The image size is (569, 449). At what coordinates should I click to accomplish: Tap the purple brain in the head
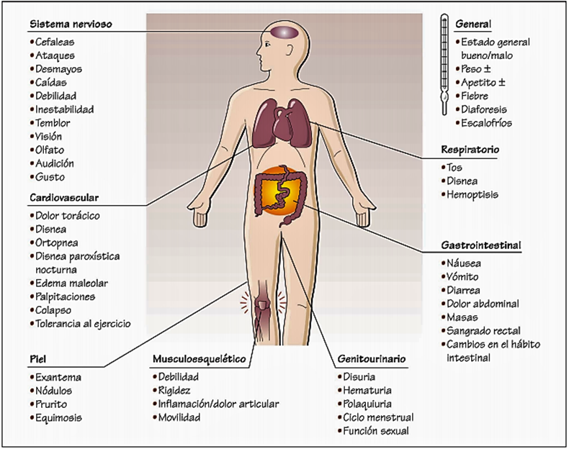tap(283, 32)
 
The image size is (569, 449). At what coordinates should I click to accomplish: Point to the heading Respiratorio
tap(470, 150)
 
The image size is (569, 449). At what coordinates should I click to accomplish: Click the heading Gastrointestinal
tap(481, 245)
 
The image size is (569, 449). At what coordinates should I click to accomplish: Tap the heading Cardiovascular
tap(64, 197)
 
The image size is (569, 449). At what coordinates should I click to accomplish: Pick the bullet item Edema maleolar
tap(66, 283)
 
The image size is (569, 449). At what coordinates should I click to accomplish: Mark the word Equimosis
tap(58, 417)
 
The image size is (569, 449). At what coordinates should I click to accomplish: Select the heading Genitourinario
tap(371, 358)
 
